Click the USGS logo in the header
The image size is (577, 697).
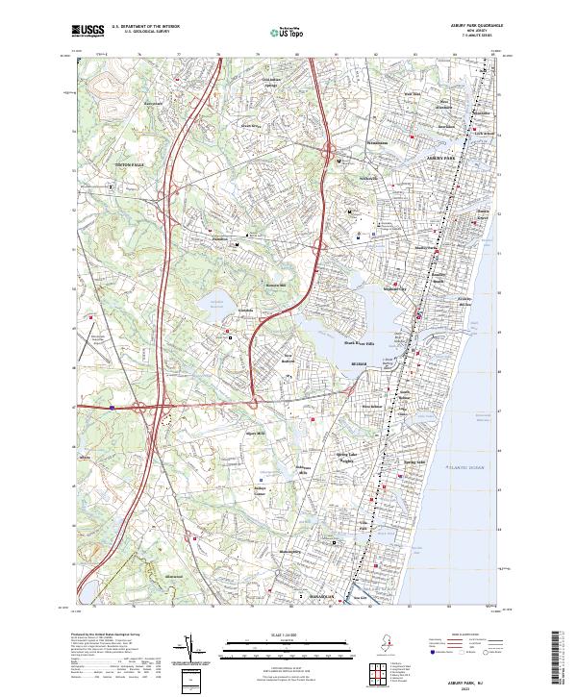[88, 32]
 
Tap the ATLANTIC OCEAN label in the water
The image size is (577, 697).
[465, 467]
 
